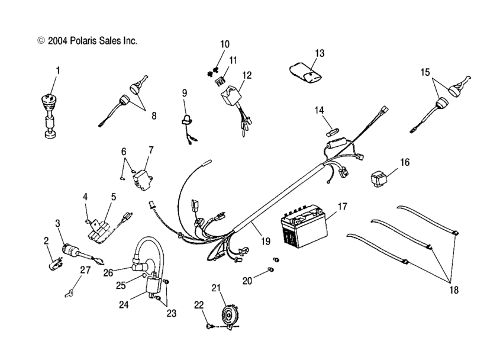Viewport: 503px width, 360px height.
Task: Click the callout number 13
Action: pyautogui.click(x=320, y=53)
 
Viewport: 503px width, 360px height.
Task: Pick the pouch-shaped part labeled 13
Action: pyautogui.click(x=307, y=72)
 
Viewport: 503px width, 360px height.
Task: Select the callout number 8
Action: pyautogui.click(x=154, y=116)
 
